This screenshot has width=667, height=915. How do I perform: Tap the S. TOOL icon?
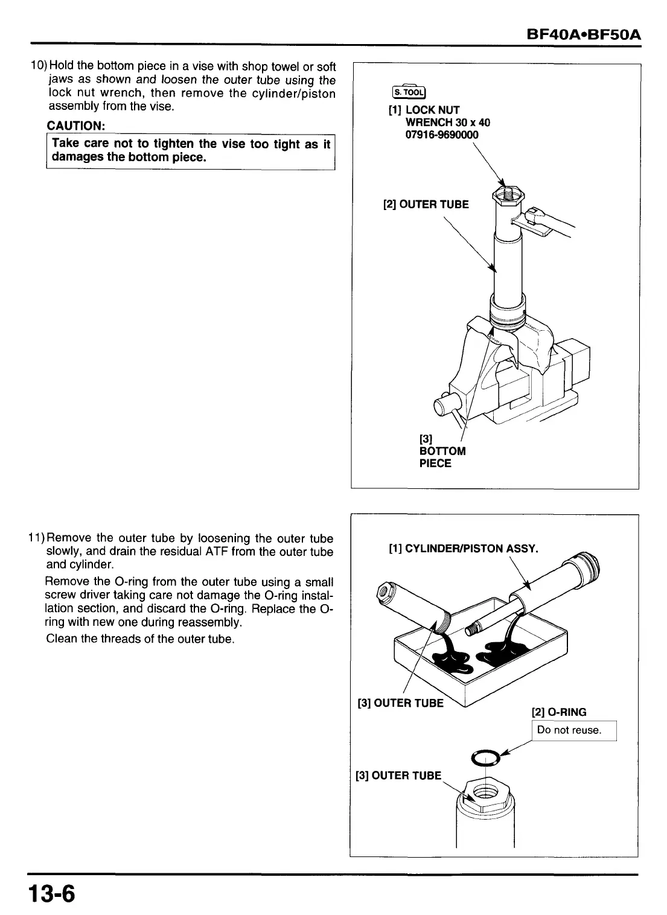point(409,92)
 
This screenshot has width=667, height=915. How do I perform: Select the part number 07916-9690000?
point(441,135)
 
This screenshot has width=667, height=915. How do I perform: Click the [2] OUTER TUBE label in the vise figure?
point(426,204)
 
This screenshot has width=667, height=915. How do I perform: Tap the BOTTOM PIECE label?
point(442,457)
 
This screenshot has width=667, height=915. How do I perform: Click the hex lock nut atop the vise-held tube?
point(508,194)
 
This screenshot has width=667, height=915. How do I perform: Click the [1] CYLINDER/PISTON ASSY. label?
point(462,548)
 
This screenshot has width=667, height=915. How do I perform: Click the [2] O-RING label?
point(558,712)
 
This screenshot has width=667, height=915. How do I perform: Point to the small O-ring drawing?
point(485,757)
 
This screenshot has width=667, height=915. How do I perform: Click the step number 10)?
point(40,66)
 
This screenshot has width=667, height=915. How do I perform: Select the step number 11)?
point(39,538)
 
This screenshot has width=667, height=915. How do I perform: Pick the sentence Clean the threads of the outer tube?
point(140,639)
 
